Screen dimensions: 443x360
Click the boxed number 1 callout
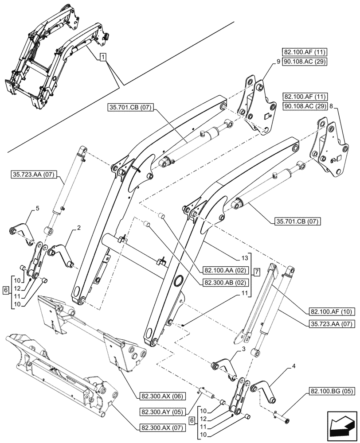(102, 57)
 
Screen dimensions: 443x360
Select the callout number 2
(78, 228)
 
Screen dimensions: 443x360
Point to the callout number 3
(244, 350)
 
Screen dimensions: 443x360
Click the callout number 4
(293, 367)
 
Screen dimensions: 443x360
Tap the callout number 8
(331, 106)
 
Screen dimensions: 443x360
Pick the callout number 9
(278, 62)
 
